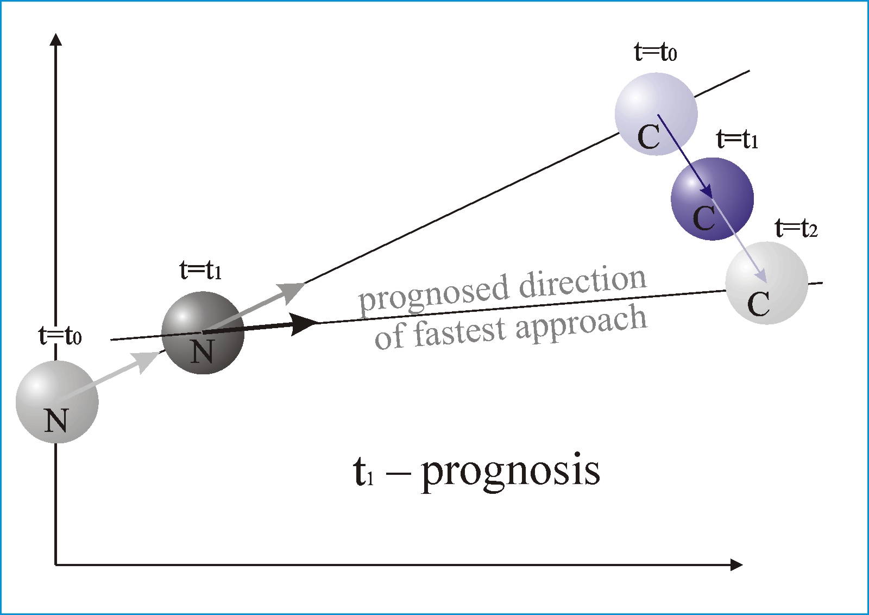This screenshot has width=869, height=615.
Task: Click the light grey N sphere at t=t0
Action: [57, 401]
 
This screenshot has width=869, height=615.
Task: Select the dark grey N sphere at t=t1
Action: [203, 333]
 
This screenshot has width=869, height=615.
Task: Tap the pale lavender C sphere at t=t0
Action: [657, 114]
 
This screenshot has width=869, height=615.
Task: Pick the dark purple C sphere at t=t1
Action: [712, 199]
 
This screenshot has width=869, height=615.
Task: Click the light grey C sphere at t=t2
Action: [766, 283]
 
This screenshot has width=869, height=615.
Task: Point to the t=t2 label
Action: [796, 228]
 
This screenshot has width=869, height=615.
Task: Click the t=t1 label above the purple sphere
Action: [737, 139]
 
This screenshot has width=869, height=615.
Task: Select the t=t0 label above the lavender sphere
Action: [656, 52]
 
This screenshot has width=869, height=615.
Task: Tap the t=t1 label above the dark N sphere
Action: [200, 270]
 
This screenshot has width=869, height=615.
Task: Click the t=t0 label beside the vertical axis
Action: [60, 336]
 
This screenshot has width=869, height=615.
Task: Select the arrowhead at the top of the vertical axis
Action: [56, 40]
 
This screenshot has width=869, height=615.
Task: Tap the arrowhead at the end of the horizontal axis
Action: [736, 564]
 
